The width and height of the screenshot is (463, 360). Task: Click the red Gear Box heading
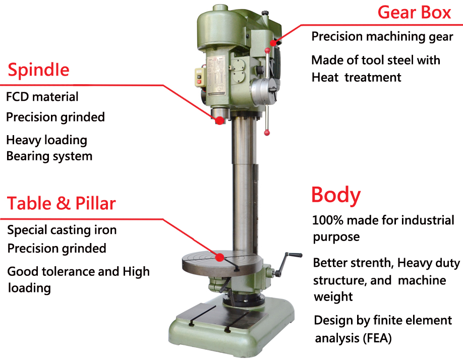(414, 13)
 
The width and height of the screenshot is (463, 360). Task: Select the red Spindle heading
(38, 70)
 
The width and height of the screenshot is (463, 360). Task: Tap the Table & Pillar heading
(61, 203)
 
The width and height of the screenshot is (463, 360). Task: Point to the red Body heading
(336, 196)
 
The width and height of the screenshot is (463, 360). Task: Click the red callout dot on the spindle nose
(219, 120)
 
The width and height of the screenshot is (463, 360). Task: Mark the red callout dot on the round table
(219, 257)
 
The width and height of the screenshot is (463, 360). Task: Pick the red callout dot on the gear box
(273, 42)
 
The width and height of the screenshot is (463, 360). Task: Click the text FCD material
(42, 97)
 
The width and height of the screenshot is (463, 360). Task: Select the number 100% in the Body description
(328, 220)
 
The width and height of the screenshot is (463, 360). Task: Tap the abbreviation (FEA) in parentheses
(377, 338)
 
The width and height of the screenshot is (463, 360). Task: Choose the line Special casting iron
(62, 230)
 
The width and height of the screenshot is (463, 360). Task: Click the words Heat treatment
(357, 78)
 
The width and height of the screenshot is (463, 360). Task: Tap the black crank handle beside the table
(287, 264)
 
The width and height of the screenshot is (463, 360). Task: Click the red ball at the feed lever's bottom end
(267, 133)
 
